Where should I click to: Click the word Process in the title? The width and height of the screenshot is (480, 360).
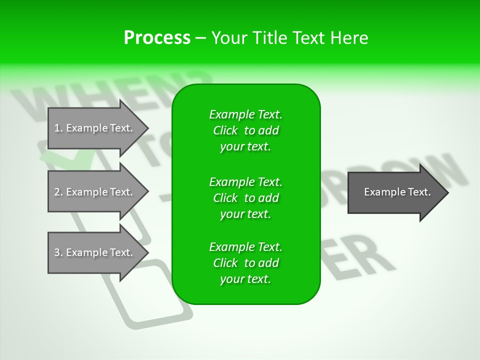point(157,37)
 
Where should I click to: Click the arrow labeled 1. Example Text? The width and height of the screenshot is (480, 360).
point(95,128)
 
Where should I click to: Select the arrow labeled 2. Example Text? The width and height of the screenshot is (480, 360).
point(95,192)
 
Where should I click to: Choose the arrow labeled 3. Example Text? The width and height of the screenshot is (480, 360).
point(95,252)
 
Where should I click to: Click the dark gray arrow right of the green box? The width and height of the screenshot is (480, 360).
point(395,192)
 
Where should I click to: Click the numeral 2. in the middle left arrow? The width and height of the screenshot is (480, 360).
point(58,192)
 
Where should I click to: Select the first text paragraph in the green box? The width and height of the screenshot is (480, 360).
point(245,130)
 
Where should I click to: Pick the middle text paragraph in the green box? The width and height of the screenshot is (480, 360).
point(245,198)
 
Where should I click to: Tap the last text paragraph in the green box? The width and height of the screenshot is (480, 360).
point(245,263)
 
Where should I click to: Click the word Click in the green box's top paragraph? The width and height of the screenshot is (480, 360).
point(225,131)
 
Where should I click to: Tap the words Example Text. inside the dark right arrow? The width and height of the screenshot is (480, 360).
point(397,192)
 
